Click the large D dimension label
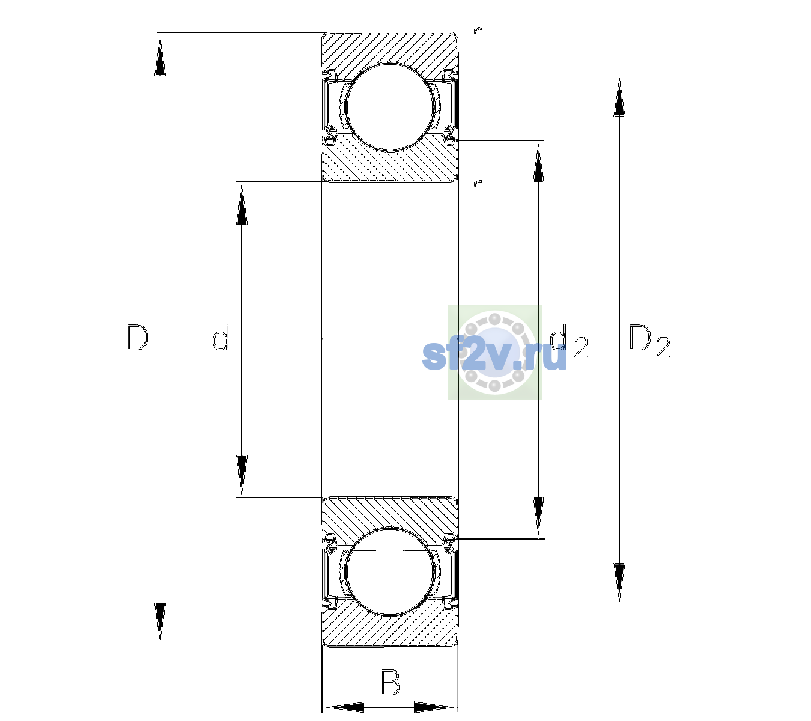(x=137, y=338)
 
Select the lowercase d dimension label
(x=221, y=338)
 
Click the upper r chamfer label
(x=477, y=37)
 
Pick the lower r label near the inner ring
(x=477, y=189)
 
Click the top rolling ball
(x=390, y=107)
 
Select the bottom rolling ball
(x=390, y=571)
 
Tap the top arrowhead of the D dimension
(x=160, y=56)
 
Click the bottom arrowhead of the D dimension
(x=160, y=623)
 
